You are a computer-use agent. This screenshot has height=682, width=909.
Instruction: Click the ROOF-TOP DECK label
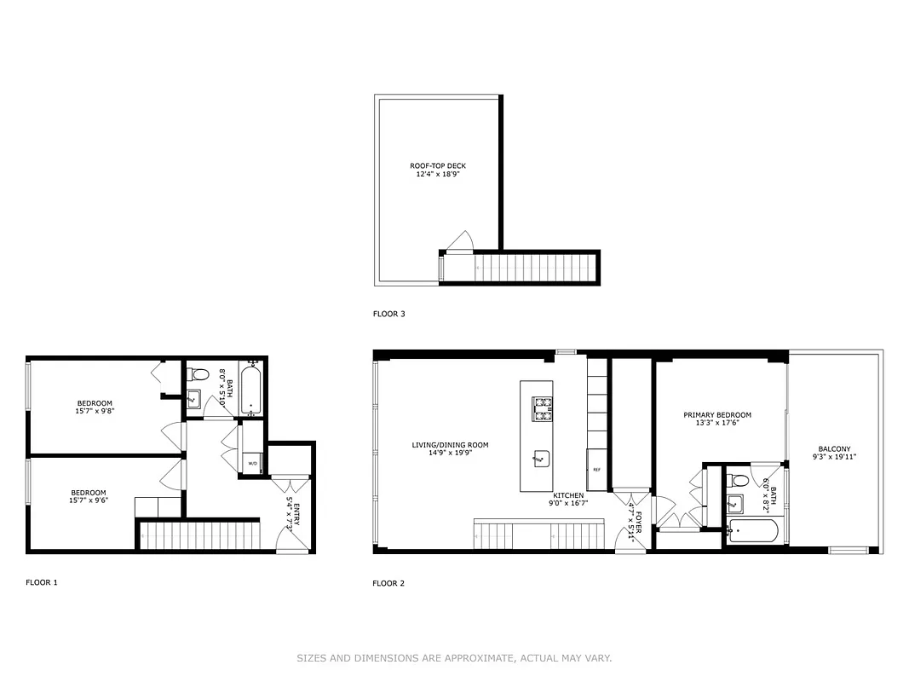[x=438, y=166]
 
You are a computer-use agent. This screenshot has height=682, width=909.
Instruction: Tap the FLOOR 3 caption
[x=389, y=314]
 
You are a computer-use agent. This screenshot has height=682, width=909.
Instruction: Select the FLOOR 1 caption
[x=42, y=583]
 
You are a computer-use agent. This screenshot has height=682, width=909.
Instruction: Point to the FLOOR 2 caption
[x=388, y=584]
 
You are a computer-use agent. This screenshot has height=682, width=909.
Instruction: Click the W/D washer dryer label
[x=253, y=464]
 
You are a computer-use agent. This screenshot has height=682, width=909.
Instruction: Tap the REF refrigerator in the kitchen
[x=596, y=470]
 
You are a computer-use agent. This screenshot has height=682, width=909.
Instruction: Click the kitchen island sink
[x=538, y=459]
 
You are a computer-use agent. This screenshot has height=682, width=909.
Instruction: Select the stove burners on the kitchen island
[x=543, y=409]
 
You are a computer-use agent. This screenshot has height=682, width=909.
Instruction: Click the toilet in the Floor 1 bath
[x=201, y=374]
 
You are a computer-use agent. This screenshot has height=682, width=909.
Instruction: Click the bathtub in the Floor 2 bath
[x=751, y=531]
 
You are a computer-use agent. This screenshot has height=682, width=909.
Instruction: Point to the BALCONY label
[x=834, y=449]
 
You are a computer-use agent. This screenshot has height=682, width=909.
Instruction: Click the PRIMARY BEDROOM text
[x=717, y=415]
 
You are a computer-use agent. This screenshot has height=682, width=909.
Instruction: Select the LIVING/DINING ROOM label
[x=451, y=445]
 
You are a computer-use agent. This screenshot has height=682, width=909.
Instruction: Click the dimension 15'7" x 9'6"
[x=89, y=500]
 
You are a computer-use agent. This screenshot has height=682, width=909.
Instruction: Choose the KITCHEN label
[x=568, y=495]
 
